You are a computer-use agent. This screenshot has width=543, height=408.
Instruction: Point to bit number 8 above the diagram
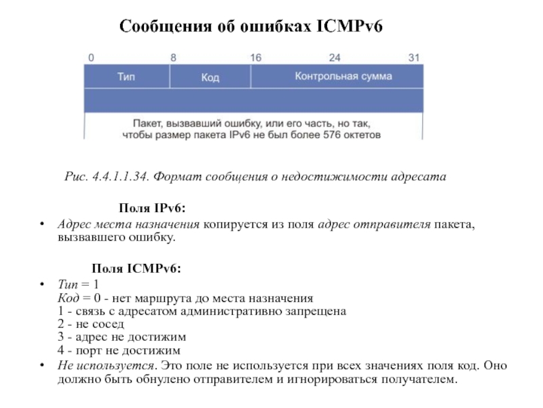point(173,58)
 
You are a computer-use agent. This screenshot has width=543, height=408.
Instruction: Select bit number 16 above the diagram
point(255,58)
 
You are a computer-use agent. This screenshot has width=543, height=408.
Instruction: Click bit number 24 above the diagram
point(335,58)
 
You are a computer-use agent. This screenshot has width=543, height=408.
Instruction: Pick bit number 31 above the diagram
point(414,58)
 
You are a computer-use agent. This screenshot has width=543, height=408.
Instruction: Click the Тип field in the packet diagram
point(126,77)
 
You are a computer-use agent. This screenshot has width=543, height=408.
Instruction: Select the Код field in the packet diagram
point(210,78)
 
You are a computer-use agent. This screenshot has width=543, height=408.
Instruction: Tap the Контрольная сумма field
point(343,77)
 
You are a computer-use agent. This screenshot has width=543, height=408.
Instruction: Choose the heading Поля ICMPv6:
point(136,268)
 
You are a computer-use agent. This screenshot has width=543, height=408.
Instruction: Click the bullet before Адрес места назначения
point(42,224)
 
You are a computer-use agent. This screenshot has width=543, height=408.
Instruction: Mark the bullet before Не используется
point(42,365)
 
